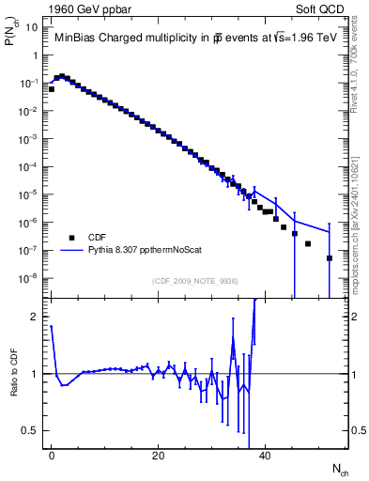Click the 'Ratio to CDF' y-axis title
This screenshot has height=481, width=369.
[14, 385]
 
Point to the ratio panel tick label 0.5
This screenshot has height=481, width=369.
[32, 430]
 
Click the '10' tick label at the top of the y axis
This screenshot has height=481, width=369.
[32, 26]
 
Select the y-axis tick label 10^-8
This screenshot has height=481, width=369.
[29, 278]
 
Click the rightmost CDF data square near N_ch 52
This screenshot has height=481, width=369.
[330, 257]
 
